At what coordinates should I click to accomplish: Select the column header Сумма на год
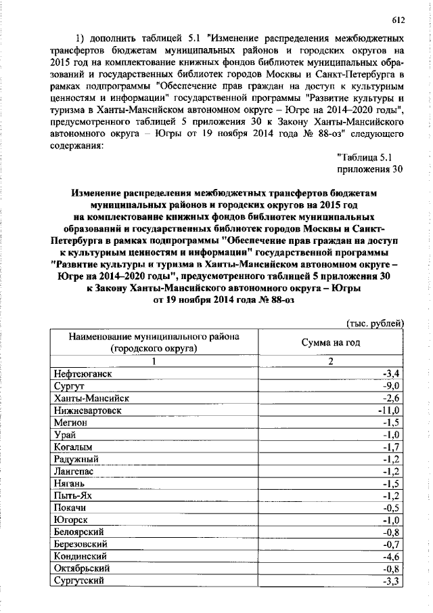click(x=331, y=343)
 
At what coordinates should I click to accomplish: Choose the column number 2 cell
click(x=331, y=360)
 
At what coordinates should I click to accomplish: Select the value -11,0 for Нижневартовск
click(x=390, y=410)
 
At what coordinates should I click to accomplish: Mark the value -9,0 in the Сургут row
click(x=393, y=385)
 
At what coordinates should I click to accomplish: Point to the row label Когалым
click(x=72, y=446)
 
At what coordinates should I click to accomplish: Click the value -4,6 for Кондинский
click(x=393, y=555)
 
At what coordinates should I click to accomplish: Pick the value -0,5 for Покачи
click(x=393, y=507)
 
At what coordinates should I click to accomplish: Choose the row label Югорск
click(x=70, y=520)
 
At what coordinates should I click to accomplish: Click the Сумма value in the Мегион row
click(x=393, y=422)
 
